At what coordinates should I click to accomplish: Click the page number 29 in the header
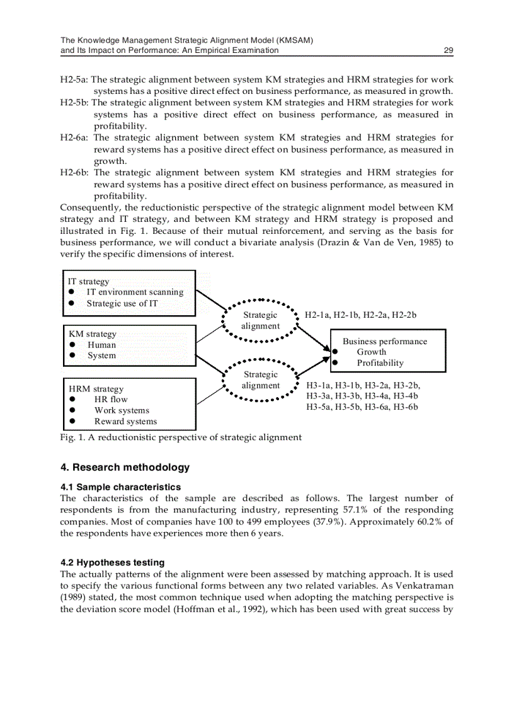[x=448, y=50]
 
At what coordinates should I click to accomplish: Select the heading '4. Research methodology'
[x=125, y=468]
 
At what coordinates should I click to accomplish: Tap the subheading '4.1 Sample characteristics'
[x=120, y=487]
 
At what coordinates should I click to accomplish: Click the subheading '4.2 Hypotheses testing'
[x=112, y=562]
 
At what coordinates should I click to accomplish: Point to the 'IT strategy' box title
[x=89, y=282]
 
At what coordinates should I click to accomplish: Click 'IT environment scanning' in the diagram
[x=135, y=293]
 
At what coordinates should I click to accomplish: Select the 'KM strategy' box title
[x=92, y=334]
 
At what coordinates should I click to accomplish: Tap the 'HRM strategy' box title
[x=96, y=389]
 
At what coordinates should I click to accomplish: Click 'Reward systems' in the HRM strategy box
[x=125, y=422]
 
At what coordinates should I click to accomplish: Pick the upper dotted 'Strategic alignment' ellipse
[x=260, y=320]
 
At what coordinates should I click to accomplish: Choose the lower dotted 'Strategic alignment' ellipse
[x=260, y=380]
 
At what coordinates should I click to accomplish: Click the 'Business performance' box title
[x=384, y=342]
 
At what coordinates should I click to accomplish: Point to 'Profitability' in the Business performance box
[x=380, y=363]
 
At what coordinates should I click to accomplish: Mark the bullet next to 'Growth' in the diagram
[x=336, y=352]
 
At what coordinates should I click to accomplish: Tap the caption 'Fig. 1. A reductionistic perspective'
[x=181, y=438]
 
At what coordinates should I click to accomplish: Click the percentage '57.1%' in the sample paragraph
[x=375, y=510]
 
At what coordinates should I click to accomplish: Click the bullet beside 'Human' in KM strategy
[x=73, y=345]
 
